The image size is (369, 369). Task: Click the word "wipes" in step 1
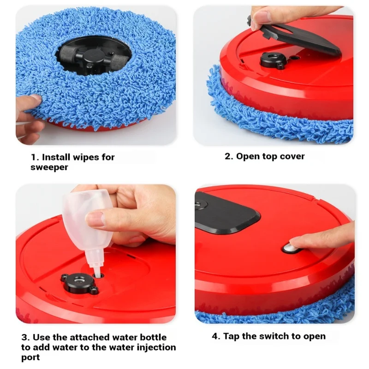pyautogui.click(x=86, y=157)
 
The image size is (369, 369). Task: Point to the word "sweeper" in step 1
pyautogui.click(x=49, y=167)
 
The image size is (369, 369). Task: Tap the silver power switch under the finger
pyautogui.click(x=289, y=248)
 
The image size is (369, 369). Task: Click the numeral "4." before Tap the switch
pyautogui.click(x=216, y=336)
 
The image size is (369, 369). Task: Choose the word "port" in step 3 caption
pyautogui.click(x=30, y=357)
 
